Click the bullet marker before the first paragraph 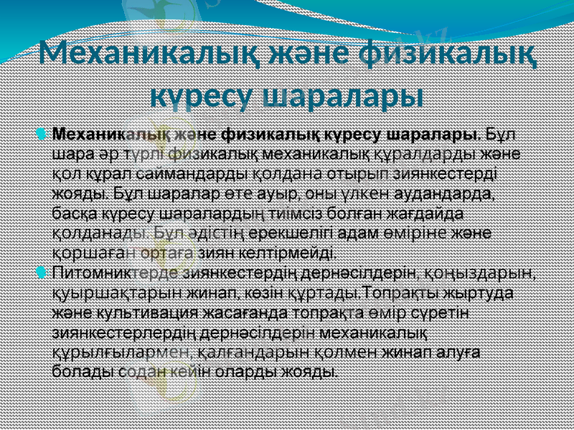pyautogui.click(x=41, y=134)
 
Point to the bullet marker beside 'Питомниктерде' pyautogui.click(x=41, y=272)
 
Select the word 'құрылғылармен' pyautogui.click(x=120, y=352)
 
